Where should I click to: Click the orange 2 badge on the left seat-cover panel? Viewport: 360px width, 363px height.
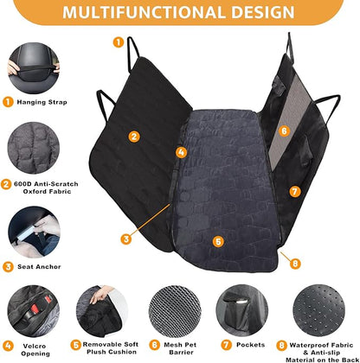(x=134, y=136)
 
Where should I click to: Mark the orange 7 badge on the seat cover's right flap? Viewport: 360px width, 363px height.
(x=293, y=191)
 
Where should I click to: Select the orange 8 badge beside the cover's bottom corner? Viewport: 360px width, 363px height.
(x=295, y=263)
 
